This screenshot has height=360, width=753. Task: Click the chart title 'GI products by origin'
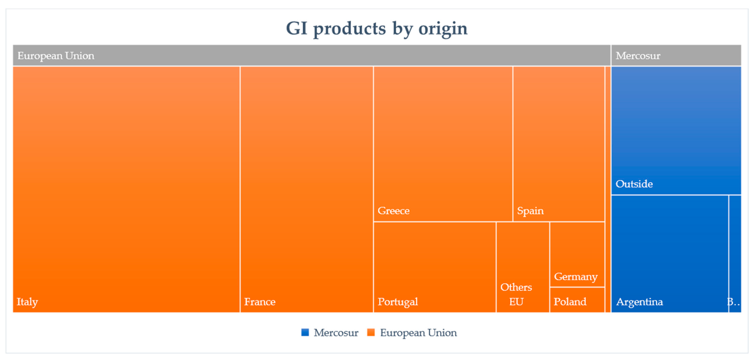tap(377, 29)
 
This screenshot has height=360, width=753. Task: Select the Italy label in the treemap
tap(27, 302)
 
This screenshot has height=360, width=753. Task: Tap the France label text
tap(260, 302)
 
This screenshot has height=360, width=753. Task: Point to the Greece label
tap(393, 211)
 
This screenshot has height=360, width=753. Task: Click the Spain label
tap(530, 211)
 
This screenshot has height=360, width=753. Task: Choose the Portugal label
tap(398, 302)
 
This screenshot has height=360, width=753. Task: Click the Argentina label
tap(639, 302)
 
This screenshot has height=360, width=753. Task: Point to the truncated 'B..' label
tap(734, 302)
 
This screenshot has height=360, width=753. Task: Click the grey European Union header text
tap(56, 56)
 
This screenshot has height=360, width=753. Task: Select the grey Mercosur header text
tap(638, 56)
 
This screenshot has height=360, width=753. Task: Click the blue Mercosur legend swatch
tap(305, 333)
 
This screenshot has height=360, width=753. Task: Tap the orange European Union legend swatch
tap(371, 333)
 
